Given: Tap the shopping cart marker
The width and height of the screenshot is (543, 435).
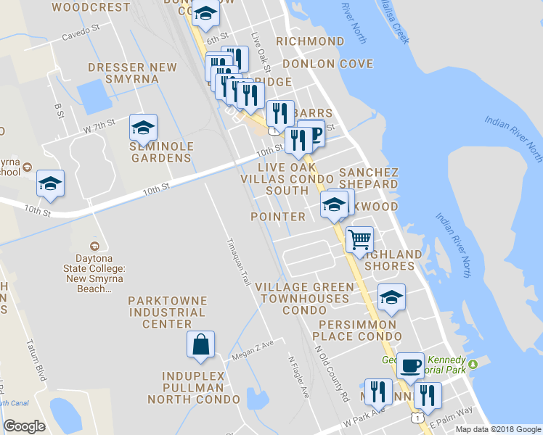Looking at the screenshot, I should tap(359, 239).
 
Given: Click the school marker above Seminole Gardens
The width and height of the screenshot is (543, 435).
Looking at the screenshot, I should tap(143, 128).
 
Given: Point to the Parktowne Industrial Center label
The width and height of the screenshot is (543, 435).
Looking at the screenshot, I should tap(167, 312).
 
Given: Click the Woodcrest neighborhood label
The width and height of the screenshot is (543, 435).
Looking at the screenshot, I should tap(91, 7).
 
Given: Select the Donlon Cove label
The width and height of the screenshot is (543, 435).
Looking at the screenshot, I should tap(327, 63).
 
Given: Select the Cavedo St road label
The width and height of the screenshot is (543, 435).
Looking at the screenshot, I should tap(80, 34).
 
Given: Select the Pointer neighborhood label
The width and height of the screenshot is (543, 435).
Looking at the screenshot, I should tap(278, 217).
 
